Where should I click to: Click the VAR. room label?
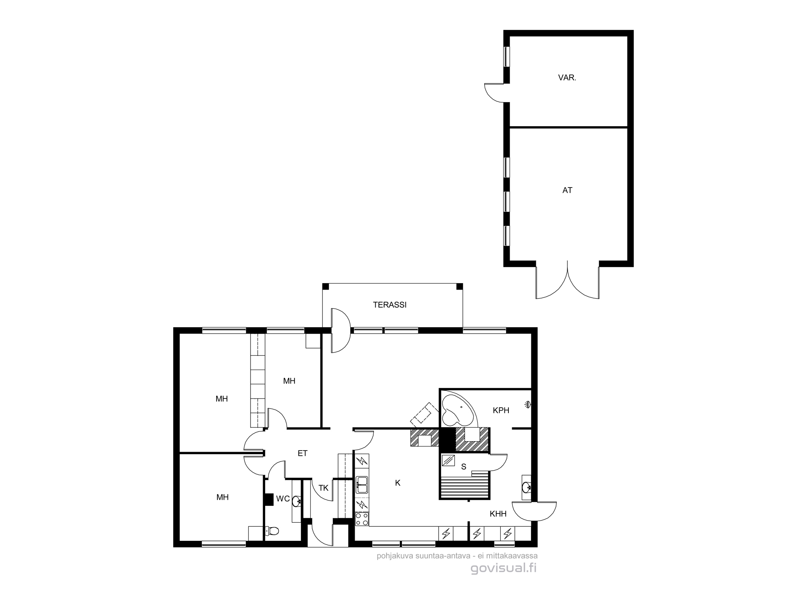(x=567, y=78)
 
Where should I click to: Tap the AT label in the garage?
(x=567, y=190)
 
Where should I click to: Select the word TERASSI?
(x=389, y=305)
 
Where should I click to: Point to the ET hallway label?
(x=303, y=453)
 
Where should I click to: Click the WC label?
(x=283, y=499)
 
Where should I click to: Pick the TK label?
(x=324, y=488)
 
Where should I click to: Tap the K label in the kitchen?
(x=398, y=483)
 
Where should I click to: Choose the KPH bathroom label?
(x=501, y=410)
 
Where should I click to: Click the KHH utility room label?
(x=498, y=514)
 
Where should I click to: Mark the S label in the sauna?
(x=464, y=467)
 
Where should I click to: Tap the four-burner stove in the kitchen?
(x=362, y=519)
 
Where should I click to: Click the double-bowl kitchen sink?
(x=362, y=485)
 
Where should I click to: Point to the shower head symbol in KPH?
(x=527, y=405)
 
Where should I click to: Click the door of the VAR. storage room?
(x=495, y=92)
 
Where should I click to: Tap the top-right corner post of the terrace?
(x=459, y=286)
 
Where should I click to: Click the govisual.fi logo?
(x=504, y=568)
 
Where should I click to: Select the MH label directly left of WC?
(x=223, y=497)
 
